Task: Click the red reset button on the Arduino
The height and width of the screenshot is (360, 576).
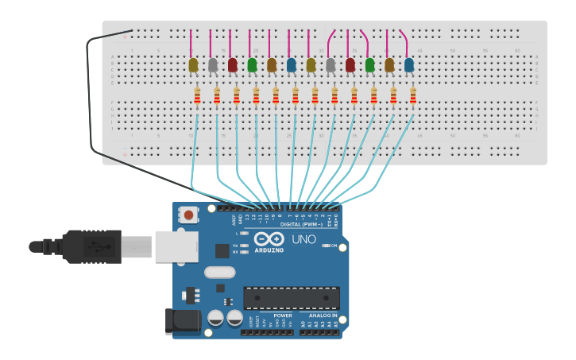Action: (188, 215)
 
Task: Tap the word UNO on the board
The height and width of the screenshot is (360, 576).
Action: (303, 239)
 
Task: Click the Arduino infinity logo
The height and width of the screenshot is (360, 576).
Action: (269, 238)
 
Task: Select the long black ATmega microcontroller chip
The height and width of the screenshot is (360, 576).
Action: (291, 298)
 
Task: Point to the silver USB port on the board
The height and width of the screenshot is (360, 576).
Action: (176, 246)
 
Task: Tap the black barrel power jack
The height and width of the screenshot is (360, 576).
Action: (181, 320)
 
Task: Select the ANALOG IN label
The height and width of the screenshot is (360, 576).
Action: (323, 315)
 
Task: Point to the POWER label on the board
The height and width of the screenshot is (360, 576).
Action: (282, 315)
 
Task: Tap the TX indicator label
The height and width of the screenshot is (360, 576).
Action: (236, 246)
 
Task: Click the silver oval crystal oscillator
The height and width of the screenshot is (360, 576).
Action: (219, 273)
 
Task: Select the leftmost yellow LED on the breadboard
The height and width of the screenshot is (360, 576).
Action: (193, 65)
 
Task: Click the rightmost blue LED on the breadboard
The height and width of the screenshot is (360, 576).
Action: (408, 65)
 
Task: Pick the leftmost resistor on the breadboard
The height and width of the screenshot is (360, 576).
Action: (197, 95)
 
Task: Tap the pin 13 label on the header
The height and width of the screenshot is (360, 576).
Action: (247, 217)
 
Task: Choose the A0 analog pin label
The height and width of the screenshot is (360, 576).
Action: (303, 323)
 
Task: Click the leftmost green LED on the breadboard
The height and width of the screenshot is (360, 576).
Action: (252, 65)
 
